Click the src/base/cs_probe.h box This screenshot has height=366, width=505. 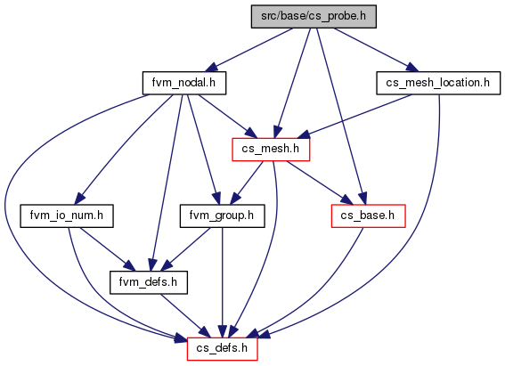tap(314, 16)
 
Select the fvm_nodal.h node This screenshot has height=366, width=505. tap(184, 83)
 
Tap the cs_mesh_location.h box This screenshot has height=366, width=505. tap(438, 83)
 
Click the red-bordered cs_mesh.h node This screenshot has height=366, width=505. tap(271, 150)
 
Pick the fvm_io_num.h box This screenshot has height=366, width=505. tap(67, 216)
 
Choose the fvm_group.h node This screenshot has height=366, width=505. tap(223, 216)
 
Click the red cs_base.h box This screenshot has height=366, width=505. tap(368, 216)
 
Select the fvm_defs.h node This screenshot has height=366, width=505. tap(149, 282)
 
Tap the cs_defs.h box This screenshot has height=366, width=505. tap(223, 349)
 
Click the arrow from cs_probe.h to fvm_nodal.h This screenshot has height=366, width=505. tap(248, 50)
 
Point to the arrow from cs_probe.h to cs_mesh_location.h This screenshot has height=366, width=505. tap(376, 50)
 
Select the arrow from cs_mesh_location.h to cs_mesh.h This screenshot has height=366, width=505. tap(356, 116)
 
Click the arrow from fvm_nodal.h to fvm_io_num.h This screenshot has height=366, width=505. tap(123, 150)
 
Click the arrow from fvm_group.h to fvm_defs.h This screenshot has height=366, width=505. tap(185, 249)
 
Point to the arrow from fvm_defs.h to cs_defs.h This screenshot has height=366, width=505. tap(185, 316)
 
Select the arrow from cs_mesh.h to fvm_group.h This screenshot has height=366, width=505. tap(247, 183)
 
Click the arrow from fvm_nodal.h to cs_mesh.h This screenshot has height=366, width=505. tap(227, 116)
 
